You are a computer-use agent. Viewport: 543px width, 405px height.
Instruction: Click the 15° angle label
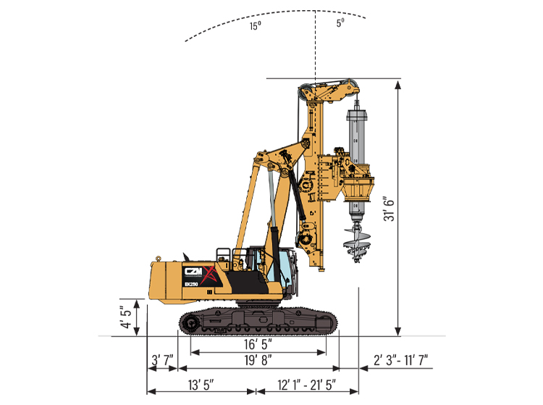click(x=256, y=25)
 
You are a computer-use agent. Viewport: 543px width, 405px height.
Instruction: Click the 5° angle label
click(x=340, y=22)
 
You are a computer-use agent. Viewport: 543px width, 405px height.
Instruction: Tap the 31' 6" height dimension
click(x=389, y=209)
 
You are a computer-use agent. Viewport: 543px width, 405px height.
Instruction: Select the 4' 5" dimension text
click(x=127, y=317)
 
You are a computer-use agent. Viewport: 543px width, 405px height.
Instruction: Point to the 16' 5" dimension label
click(x=258, y=344)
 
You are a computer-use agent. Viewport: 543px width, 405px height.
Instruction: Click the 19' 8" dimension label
click(x=258, y=360)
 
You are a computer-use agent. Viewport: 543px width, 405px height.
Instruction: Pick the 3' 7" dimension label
click(x=162, y=360)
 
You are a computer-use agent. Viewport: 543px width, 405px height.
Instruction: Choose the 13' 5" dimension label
click(x=201, y=385)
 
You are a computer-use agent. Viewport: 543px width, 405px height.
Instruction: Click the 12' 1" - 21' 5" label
click(x=307, y=385)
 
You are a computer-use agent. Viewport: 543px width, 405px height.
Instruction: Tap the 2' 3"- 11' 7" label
click(x=400, y=360)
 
